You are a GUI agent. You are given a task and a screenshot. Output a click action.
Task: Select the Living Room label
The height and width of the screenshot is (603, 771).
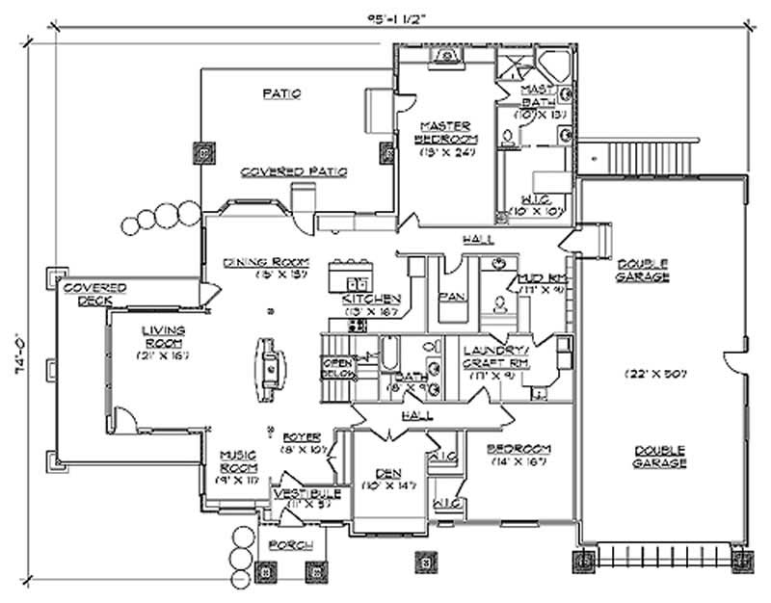click(x=164, y=337)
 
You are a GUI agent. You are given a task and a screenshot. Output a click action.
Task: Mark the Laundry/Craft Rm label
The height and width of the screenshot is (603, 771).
click(x=492, y=355)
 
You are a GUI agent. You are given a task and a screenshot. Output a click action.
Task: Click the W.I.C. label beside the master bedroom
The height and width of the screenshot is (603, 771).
click(x=528, y=199)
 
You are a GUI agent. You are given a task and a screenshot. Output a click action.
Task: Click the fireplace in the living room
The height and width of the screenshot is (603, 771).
click(x=269, y=368)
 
